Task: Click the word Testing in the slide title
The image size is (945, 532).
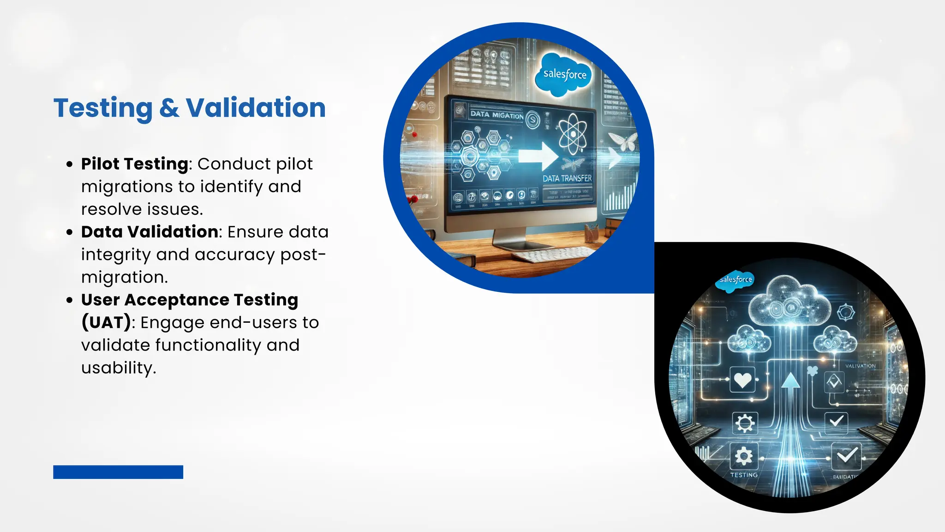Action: tap(103, 108)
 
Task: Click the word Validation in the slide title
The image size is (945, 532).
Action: tap(256, 108)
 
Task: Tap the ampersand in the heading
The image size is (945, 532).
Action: tap(169, 108)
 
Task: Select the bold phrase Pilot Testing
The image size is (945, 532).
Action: tap(135, 164)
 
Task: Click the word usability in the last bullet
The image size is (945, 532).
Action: tap(118, 368)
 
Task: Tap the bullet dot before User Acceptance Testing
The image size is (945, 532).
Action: tap(70, 300)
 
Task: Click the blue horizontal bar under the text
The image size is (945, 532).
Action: tap(118, 472)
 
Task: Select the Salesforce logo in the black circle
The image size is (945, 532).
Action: tap(735, 280)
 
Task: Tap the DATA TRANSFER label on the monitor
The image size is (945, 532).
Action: tap(567, 178)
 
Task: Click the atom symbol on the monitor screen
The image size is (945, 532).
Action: tap(573, 134)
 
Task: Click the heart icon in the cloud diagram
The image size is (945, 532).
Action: tap(742, 380)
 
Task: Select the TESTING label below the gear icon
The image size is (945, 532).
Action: tap(744, 475)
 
